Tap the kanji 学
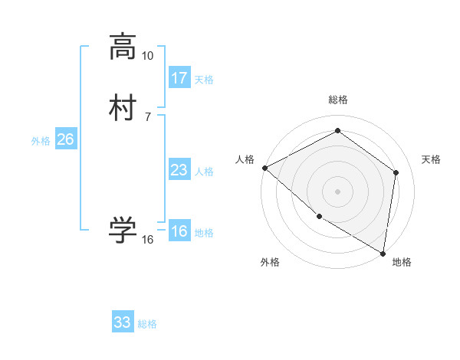pos(123,229)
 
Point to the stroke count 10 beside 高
pos(147,57)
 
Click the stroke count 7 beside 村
pos(147,117)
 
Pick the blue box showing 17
pos(179,78)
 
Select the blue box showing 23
pos(179,170)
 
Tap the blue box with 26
pos(65,139)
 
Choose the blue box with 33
pos(123,322)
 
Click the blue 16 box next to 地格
pos(179,231)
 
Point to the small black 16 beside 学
pos(147,240)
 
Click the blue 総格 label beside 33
pos(147,324)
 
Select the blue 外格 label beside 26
pos(41,141)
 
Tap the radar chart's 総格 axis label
pos(338,100)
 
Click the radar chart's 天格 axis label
pos(432,159)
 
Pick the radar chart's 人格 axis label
pos(245,159)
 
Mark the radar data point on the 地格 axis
pos(383,253)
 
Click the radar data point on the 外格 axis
pos(319,217)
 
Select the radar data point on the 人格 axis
pos(264,168)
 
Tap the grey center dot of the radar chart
pos(338,191)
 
